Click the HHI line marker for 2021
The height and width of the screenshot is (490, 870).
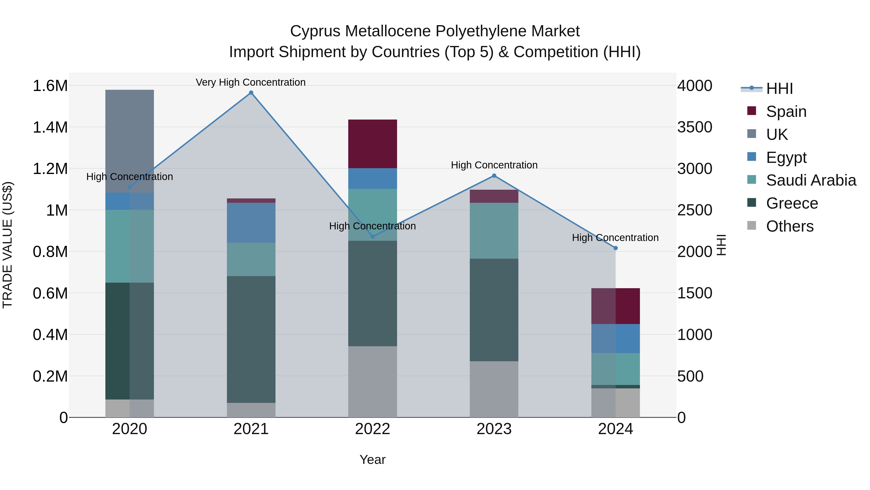251,93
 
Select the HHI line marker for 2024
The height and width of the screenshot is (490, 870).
615,248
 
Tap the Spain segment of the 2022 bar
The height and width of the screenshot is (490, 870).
372,144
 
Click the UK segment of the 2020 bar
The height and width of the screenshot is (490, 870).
130,141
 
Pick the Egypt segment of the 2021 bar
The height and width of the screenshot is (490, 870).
251,223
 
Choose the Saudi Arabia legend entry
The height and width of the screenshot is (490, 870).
811,180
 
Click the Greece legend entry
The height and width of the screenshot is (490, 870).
792,203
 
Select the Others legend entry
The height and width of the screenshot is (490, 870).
790,226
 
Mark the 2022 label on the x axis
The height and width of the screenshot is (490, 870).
372,429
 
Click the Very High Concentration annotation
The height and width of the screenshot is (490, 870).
251,82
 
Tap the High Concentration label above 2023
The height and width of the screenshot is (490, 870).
494,165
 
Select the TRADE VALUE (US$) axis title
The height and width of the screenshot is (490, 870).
7,245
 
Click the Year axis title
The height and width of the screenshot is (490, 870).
372,460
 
